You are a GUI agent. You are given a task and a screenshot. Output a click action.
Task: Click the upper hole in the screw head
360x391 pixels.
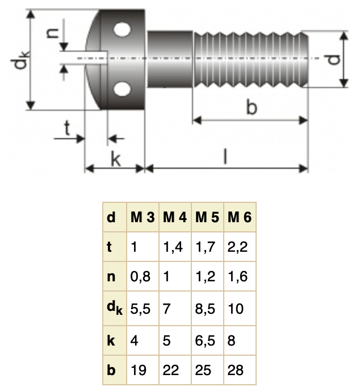(x=122, y=30)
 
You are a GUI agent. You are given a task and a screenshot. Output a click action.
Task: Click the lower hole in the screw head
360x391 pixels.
(x=122, y=89)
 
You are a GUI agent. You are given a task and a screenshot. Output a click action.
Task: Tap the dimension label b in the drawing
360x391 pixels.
(x=251, y=107)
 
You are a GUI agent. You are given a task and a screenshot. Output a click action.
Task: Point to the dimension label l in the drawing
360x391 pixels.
(x=225, y=157)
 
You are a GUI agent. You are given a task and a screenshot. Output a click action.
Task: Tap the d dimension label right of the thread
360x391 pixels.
(x=334, y=59)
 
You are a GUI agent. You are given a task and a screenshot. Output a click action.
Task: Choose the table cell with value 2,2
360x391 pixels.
(x=239, y=247)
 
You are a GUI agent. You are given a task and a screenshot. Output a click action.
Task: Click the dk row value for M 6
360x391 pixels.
(x=236, y=309)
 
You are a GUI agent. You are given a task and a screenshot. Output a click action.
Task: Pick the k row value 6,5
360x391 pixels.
(x=206, y=340)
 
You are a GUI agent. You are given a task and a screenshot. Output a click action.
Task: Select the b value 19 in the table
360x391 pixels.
(x=139, y=371)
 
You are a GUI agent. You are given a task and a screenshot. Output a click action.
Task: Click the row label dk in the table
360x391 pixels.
(x=114, y=309)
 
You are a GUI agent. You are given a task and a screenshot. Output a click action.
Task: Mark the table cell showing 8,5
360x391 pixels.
(x=206, y=309)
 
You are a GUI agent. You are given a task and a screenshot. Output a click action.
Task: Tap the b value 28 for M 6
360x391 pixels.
(x=236, y=371)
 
